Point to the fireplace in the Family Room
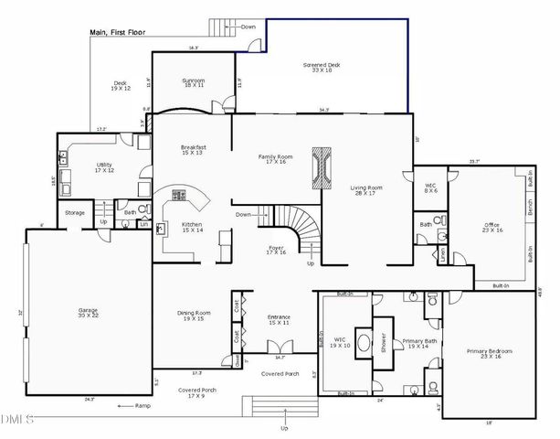pos(319,167)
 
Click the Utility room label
pos(103,167)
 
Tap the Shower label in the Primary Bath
pos(385,344)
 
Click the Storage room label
pos(74,213)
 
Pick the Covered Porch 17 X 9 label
pos(196,392)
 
